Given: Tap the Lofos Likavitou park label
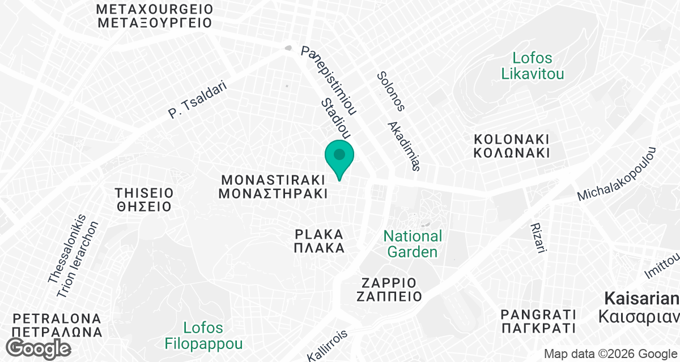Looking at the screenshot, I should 533,66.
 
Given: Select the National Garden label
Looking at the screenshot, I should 413,244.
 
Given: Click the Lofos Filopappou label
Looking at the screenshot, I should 204,335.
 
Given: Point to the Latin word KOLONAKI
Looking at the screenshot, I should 512,139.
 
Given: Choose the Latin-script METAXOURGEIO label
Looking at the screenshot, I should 155,10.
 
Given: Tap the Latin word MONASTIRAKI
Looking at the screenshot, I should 273,180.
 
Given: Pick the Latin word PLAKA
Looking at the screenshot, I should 319,234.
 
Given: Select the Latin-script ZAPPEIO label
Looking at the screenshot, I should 389,283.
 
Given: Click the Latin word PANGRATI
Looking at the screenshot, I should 538,315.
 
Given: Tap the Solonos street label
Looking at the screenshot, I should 392,90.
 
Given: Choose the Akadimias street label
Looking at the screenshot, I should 403,146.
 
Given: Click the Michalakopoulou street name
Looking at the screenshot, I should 617,174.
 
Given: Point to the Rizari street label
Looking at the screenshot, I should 538,238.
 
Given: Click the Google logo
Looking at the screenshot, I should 40,348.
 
